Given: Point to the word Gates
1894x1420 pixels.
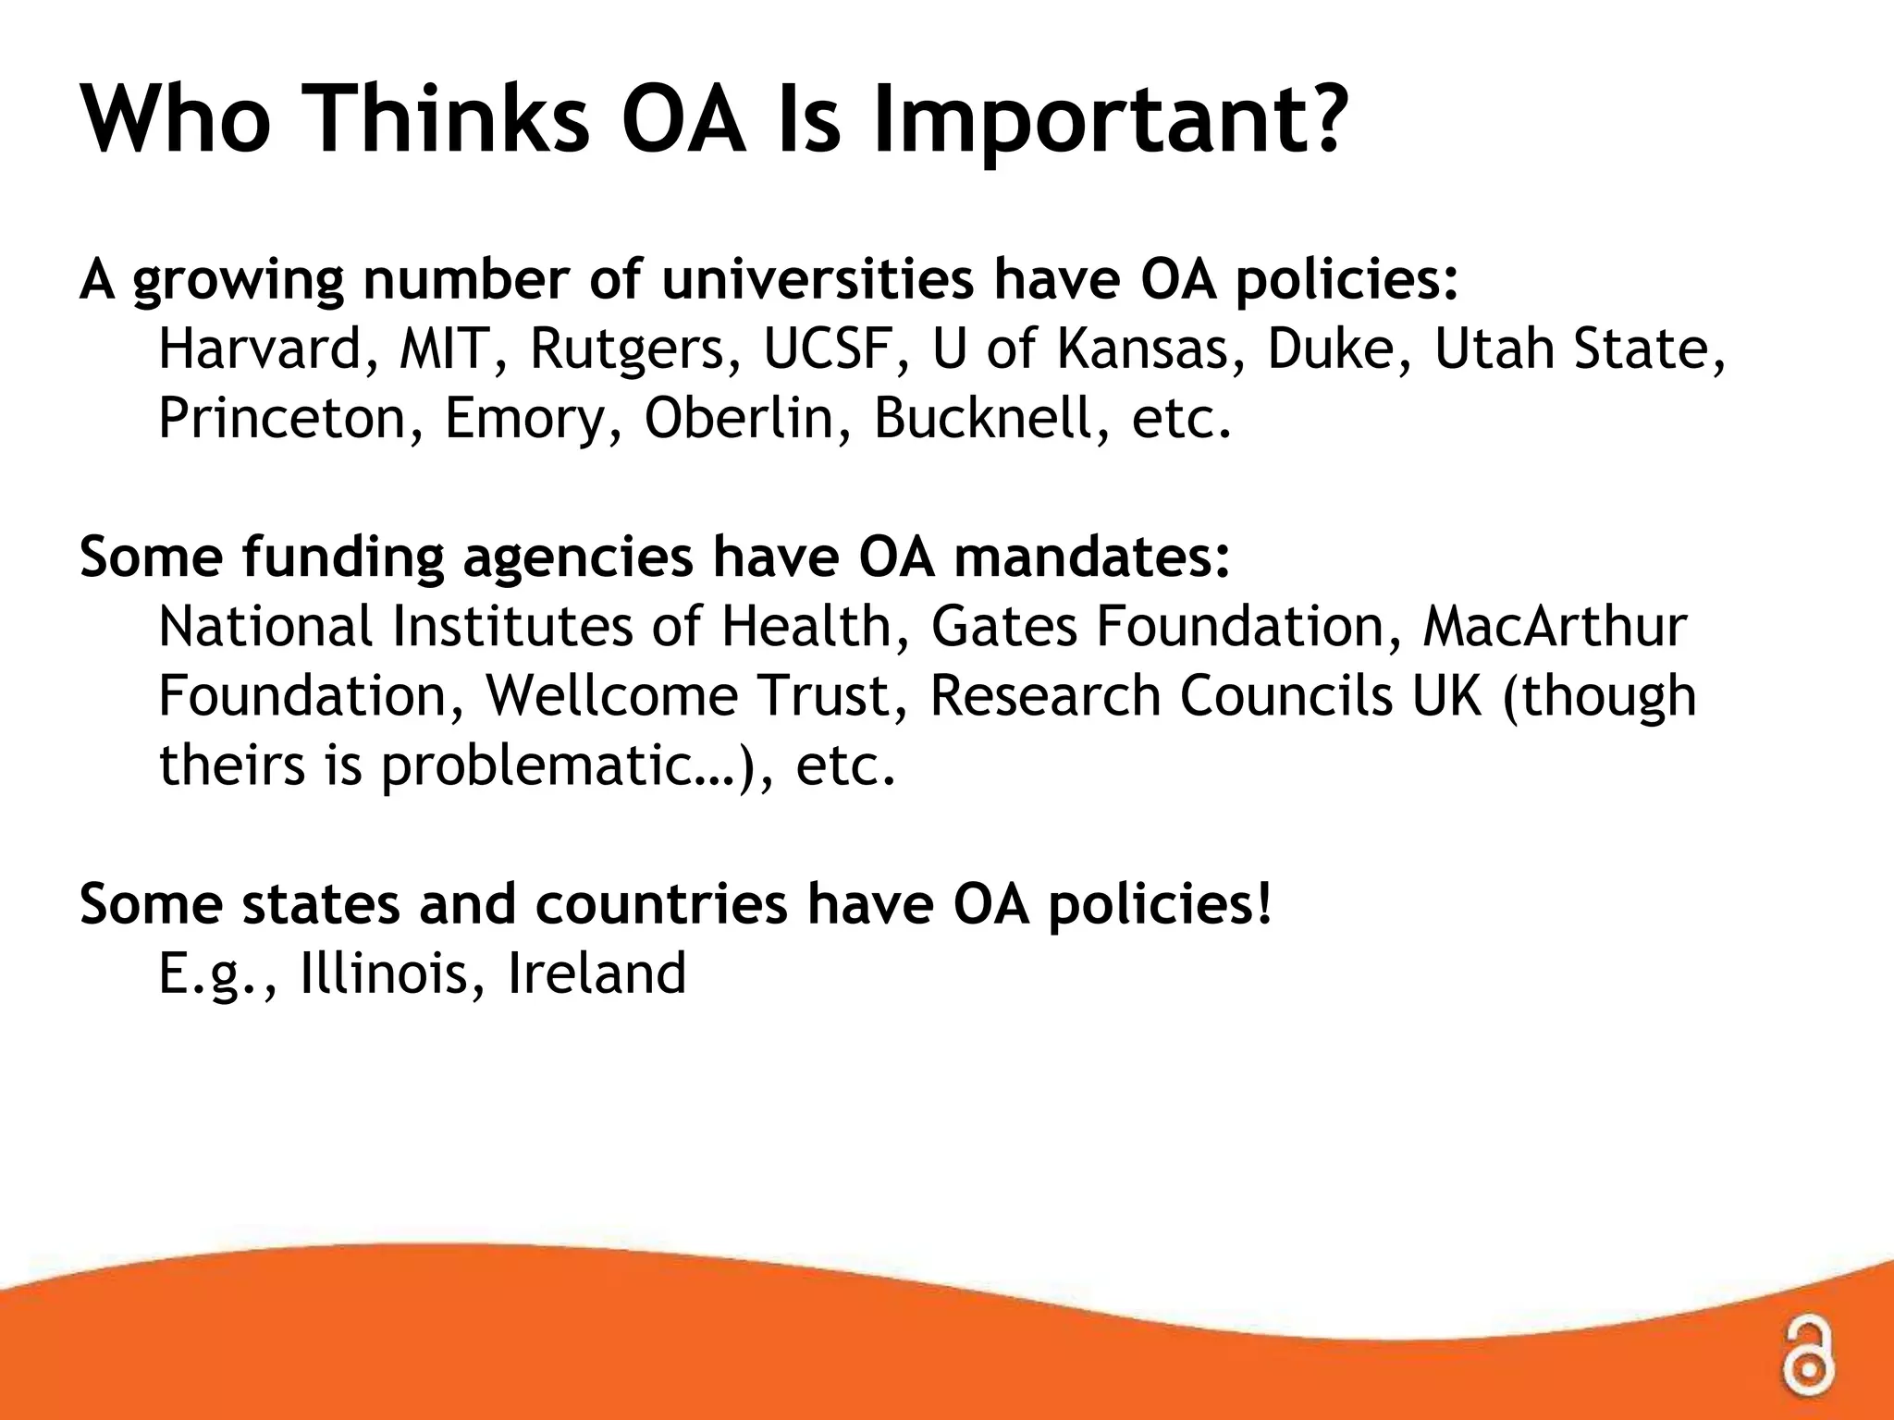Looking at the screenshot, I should [1004, 627].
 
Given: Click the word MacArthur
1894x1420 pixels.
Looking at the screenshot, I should [1555, 627].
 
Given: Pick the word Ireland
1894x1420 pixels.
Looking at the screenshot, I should [596, 973].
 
